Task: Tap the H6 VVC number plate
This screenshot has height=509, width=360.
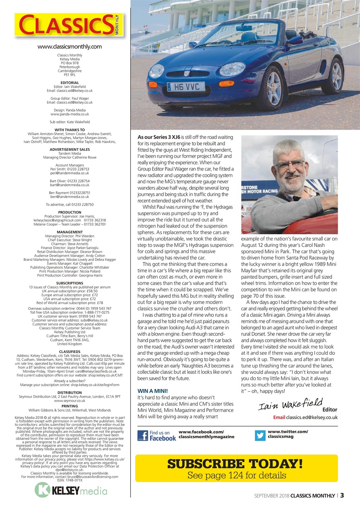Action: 186,86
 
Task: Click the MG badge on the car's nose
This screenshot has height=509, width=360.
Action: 187,74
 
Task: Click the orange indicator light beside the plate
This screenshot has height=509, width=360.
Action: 226,84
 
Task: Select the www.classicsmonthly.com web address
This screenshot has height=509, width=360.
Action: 70,47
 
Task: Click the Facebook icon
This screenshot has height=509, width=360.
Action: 143,435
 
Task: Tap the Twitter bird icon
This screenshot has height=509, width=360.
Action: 261,435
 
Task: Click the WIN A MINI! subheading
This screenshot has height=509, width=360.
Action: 153,391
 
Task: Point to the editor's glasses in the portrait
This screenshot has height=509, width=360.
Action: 289,164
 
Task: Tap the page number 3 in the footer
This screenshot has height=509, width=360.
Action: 342,495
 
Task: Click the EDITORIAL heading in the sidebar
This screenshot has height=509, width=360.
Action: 70,83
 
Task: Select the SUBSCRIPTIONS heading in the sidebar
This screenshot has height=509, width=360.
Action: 70,283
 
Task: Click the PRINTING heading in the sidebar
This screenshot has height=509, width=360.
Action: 70,406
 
